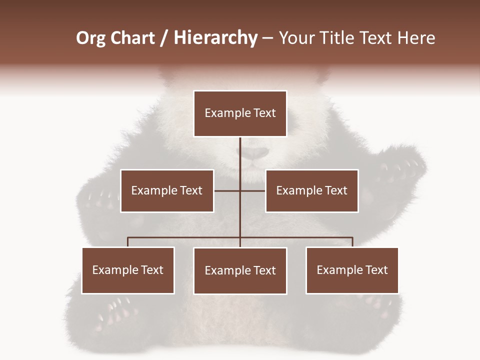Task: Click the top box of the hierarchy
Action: coord(240,113)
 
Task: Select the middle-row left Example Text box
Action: coord(167,190)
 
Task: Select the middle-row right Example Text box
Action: coord(311,190)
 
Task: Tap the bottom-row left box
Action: coord(128,270)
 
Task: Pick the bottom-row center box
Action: coord(240,270)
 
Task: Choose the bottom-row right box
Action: coord(352,270)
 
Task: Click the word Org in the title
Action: coord(91,38)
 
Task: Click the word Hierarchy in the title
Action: coord(215,38)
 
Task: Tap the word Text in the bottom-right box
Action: coord(376,270)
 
